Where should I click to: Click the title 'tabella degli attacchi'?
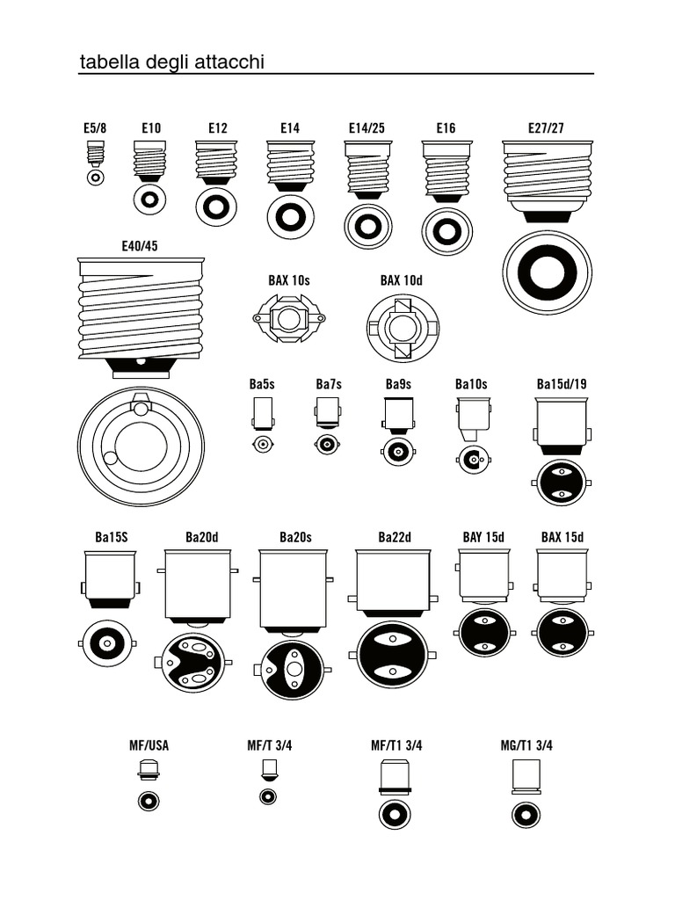point(172,62)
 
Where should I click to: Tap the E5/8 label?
point(95,128)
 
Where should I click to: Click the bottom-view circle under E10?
point(149,200)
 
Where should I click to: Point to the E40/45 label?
point(140,246)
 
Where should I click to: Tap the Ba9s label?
point(398,384)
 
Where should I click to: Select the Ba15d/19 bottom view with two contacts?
point(561,482)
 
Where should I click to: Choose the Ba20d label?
point(201,537)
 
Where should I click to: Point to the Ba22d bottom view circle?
point(393,655)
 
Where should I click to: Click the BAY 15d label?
point(483,537)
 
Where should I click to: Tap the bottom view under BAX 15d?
point(562,632)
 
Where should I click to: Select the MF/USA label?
point(149,745)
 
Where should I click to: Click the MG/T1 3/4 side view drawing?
point(526,778)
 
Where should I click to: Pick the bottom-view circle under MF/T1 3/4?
point(395,814)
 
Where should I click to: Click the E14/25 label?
point(367,128)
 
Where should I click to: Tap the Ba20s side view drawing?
point(293,591)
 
